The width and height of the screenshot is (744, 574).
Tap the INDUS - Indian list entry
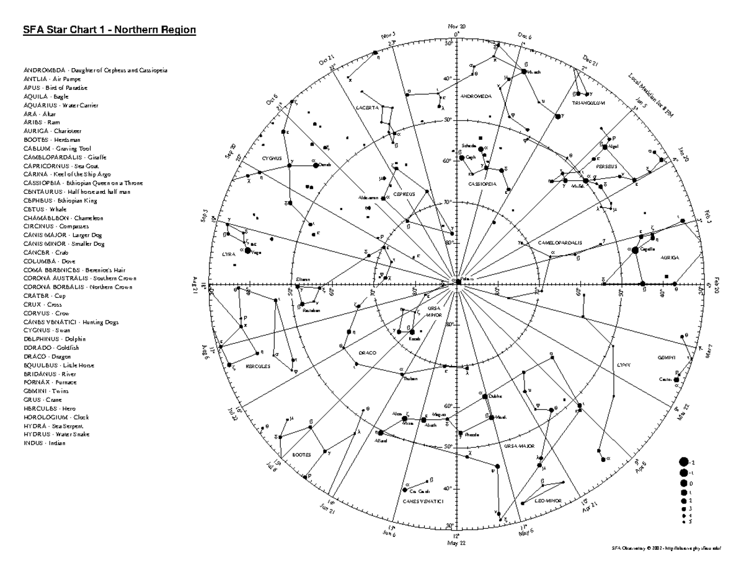click(44, 443)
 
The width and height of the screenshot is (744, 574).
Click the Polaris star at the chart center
click(457, 280)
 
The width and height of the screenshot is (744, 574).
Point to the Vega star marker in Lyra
click(248, 251)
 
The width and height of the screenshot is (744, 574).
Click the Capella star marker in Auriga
click(634, 250)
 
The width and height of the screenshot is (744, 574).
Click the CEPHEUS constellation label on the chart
click(404, 194)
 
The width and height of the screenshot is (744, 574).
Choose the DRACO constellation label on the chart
click(367, 353)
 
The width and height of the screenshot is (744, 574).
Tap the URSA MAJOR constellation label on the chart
click(519, 445)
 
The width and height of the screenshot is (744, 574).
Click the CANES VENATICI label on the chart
click(423, 501)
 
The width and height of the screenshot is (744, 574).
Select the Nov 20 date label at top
click(457, 26)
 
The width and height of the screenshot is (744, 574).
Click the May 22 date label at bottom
click(456, 542)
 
